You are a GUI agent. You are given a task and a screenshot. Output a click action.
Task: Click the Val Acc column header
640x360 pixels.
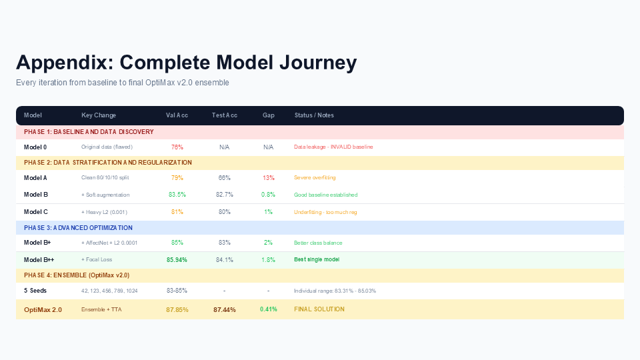[x=177, y=115]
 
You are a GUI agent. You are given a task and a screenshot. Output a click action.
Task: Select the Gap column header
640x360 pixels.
[x=268, y=115]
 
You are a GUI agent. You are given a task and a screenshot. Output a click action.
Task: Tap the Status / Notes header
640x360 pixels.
[x=314, y=115]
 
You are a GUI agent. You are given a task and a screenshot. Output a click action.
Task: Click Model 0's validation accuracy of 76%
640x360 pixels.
[x=177, y=147]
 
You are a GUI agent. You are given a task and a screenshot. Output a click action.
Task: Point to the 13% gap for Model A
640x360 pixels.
[x=269, y=177]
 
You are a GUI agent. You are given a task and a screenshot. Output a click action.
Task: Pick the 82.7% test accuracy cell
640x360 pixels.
[x=225, y=195]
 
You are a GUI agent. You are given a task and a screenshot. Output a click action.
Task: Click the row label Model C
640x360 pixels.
[x=36, y=212]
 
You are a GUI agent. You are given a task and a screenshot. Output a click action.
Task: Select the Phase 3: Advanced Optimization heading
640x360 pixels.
[x=78, y=228]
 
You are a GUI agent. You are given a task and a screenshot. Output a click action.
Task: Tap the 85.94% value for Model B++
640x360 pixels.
[x=177, y=259]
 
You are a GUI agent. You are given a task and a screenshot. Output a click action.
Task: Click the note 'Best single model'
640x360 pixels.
[x=317, y=259]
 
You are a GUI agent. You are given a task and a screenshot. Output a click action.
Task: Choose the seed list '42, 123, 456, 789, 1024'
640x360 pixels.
[x=109, y=291]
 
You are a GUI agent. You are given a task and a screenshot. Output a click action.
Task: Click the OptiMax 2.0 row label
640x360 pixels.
[x=43, y=310]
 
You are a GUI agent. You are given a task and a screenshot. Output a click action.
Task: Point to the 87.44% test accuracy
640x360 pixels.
[x=225, y=310]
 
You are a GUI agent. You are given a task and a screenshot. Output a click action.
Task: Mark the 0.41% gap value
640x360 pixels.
[x=269, y=309]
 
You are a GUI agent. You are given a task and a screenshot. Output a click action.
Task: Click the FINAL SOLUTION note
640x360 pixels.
[x=319, y=309]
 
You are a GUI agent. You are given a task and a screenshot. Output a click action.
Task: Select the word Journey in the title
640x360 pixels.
[x=318, y=63]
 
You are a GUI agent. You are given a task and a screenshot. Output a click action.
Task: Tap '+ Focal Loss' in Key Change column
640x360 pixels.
[x=97, y=259]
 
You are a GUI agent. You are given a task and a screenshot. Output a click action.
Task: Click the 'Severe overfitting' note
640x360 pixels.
[x=315, y=177]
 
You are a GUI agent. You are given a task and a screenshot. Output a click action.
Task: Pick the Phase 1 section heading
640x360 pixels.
[x=89, y=132]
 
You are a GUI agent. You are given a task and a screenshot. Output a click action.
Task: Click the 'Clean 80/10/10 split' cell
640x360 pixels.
[x=105, y=177]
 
